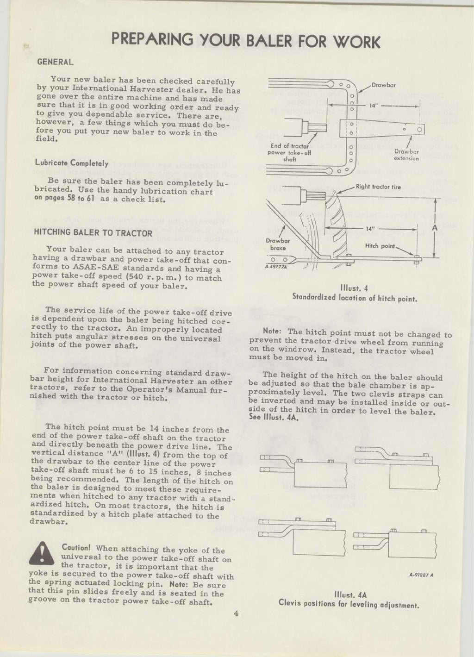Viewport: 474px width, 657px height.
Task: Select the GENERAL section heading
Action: pyautogui.click(x=55, y=62)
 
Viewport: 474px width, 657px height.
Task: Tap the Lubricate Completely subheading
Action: pyautogui.click(x=72, y=163)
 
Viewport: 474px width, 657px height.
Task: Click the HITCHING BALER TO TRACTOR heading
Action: pyautogui.click(x=93, y=232)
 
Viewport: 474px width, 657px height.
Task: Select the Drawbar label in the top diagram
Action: pyautogui.click(x=383, y=86)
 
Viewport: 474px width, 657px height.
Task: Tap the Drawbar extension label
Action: pyautogui.click(x=407, y=155)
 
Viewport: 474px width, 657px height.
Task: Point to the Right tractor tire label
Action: pyautogui.click(x=378, y=188)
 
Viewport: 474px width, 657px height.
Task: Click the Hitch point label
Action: pyautogui.click(x=380, y=246)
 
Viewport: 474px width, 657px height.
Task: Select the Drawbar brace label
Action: pyautogui.click(x=278, y=244)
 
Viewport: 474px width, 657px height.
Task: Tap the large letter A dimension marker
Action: pyautogui.click(x=434, y=228)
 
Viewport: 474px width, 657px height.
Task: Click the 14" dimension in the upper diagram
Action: pyautogui.click(x=374, y=106)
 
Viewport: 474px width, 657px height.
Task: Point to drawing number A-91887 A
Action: pyautogui.click(x=421, y=575)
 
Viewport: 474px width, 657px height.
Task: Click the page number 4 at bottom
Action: pyautogui.click(x=236, y=614)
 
